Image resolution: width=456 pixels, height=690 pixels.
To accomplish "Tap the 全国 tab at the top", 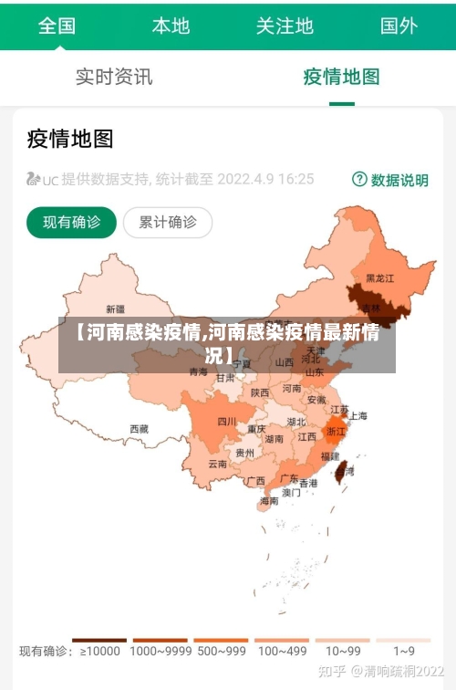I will [57, 25].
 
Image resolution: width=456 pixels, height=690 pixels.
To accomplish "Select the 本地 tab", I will [171, 25].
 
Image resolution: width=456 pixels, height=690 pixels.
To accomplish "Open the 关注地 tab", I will [285, 25].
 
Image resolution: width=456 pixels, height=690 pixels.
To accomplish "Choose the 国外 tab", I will [399, 25].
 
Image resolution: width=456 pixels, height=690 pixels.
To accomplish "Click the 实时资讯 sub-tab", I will [114, 77].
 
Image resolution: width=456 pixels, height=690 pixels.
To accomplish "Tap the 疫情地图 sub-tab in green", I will [341, 77].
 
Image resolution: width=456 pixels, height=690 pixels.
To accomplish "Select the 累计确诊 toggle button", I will [167, 222].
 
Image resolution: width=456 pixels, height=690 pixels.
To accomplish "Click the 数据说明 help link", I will [399, 180].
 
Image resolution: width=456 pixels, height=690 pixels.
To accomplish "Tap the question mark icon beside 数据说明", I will [359, 179].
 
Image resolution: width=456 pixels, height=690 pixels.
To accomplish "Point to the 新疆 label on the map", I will [116, 308].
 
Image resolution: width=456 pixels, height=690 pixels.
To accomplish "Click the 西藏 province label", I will [139, 428].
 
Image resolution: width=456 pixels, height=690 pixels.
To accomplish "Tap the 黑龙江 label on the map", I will [379, 277].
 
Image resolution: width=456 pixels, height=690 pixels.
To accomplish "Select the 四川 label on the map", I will [226, 422].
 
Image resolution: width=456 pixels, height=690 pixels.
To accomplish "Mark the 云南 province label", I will [217, 464].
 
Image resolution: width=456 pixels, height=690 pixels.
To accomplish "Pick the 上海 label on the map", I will [358, 416].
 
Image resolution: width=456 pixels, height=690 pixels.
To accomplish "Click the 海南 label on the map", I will [269, 501].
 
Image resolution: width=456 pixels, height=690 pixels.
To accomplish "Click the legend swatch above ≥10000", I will [98, 641].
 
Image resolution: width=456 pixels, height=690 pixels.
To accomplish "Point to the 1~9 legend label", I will [404, 652].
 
